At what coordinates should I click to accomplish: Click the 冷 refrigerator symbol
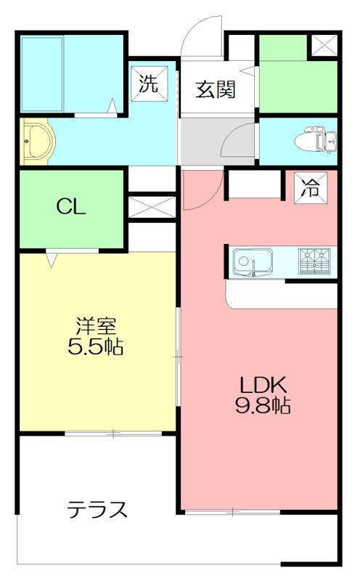coord(310,188)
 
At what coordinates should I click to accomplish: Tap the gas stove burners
coord(314,261)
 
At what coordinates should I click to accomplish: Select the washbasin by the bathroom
coord(36,141)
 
